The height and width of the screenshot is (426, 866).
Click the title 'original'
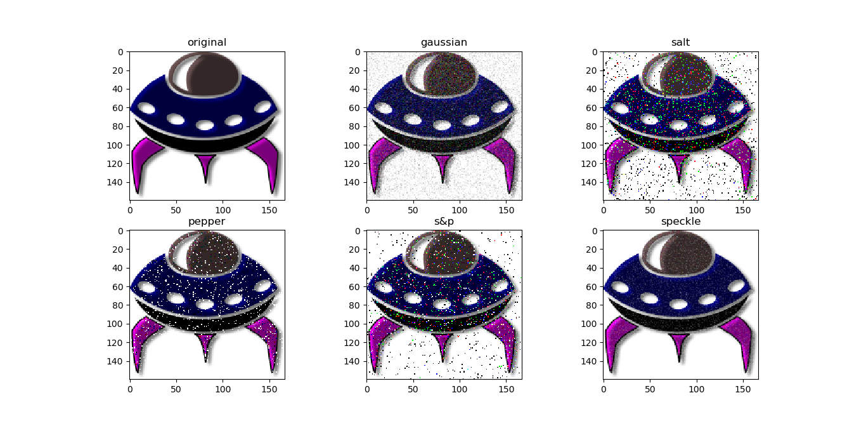coord(207,42)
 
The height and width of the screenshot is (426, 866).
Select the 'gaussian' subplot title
coord(444,42)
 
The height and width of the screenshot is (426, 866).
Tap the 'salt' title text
coord(680,42)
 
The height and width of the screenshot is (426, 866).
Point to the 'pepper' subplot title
coord(207,222)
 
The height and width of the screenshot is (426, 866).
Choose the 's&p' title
coord(444,221)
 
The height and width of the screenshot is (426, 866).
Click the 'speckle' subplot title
coord(681,221)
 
